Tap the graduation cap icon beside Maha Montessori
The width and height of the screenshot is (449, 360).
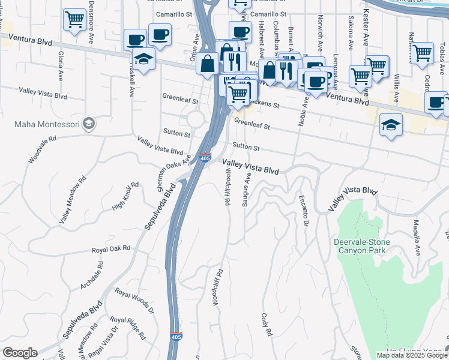click(89, 124)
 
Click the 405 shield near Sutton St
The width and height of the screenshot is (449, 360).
click(205, 158)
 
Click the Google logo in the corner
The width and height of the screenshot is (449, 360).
click(20, 353)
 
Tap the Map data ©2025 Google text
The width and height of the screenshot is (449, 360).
click(412, 355)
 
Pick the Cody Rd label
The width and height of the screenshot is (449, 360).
click(267, 324)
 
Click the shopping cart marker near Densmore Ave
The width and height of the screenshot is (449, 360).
click(74, 19)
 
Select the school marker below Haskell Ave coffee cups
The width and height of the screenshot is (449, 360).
click(144, 59)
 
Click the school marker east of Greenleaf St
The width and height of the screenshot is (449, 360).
click(391, 125)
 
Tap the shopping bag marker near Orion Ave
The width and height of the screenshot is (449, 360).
click(207, 63)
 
